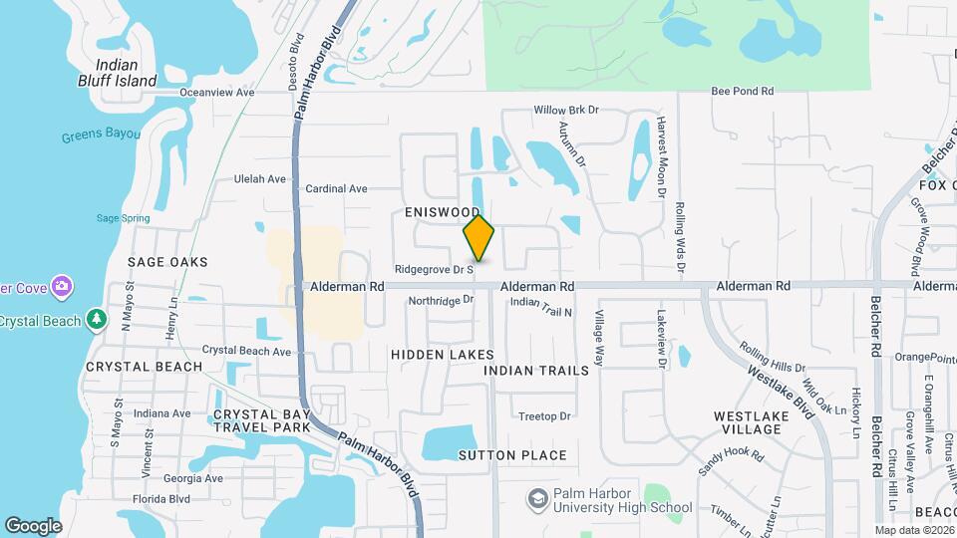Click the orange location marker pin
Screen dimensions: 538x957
click(x=478, y=238)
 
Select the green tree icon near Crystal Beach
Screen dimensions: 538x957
click(x=96, y=320)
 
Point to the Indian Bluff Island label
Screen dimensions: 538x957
click(x=118, y=73)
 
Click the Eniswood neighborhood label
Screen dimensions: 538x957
click(x=444, y=212)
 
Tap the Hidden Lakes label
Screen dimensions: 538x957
click(x=442, y=355)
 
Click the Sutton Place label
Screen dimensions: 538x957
click(x=512, y=455)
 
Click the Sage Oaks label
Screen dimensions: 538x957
click(x=167, y=262)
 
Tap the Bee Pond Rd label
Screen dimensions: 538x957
click(x=742, y=92)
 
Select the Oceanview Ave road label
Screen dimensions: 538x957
click(x=217, y=93)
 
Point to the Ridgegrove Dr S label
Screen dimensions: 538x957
click(x=433, y=269)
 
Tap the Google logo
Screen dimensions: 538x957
click(x=33, y=525)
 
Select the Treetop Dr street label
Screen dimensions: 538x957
click(x=544, y=416)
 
